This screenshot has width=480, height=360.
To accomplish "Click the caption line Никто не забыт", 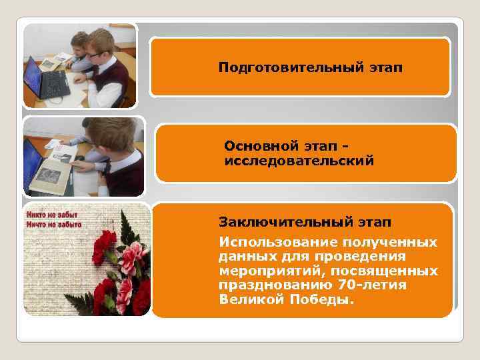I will (x=51, y=215).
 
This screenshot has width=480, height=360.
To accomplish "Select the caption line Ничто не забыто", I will (x=53, y=225).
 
